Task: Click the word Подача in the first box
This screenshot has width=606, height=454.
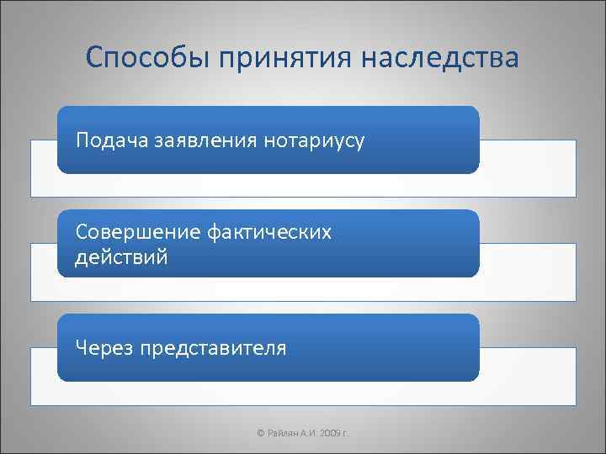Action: pos(112,140)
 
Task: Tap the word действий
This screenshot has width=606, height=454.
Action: pos(121,257)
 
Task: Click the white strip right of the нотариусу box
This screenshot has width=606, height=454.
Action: pos(528,167)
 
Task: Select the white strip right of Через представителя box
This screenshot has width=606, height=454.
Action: pos(528,376)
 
